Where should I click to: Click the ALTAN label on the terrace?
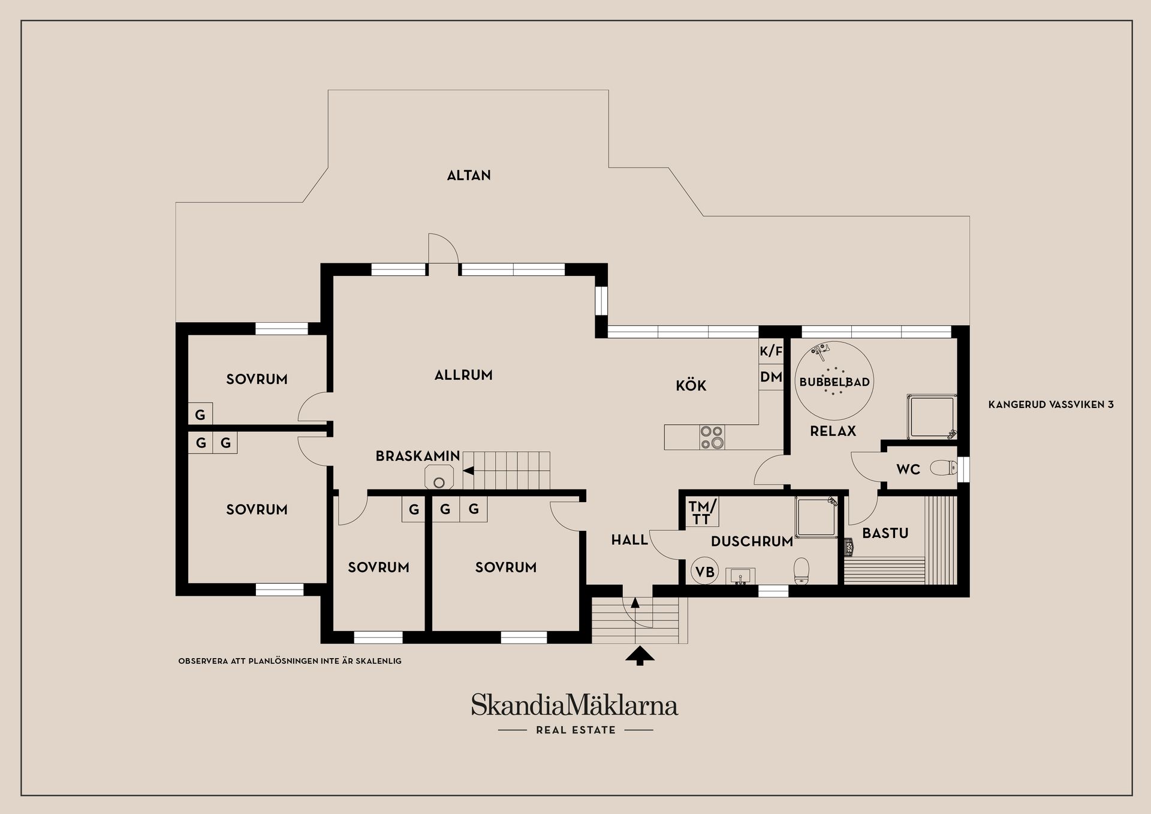[469, 175]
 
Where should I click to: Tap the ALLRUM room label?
[463, 375]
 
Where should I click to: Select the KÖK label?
[691, 385]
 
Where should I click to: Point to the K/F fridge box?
[771, 352]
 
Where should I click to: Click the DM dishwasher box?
[771, 377]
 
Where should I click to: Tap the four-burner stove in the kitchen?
[712, 437]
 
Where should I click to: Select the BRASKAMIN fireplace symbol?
[439, 479]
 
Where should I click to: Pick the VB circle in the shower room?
[704, 572]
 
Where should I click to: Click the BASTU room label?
[885, 533]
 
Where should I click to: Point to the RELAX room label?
[833, 431]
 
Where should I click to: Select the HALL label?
[629, 540]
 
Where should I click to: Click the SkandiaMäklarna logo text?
[574, 705]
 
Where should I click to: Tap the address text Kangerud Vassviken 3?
[1050, 404]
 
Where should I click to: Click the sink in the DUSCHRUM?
[740, 576]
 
